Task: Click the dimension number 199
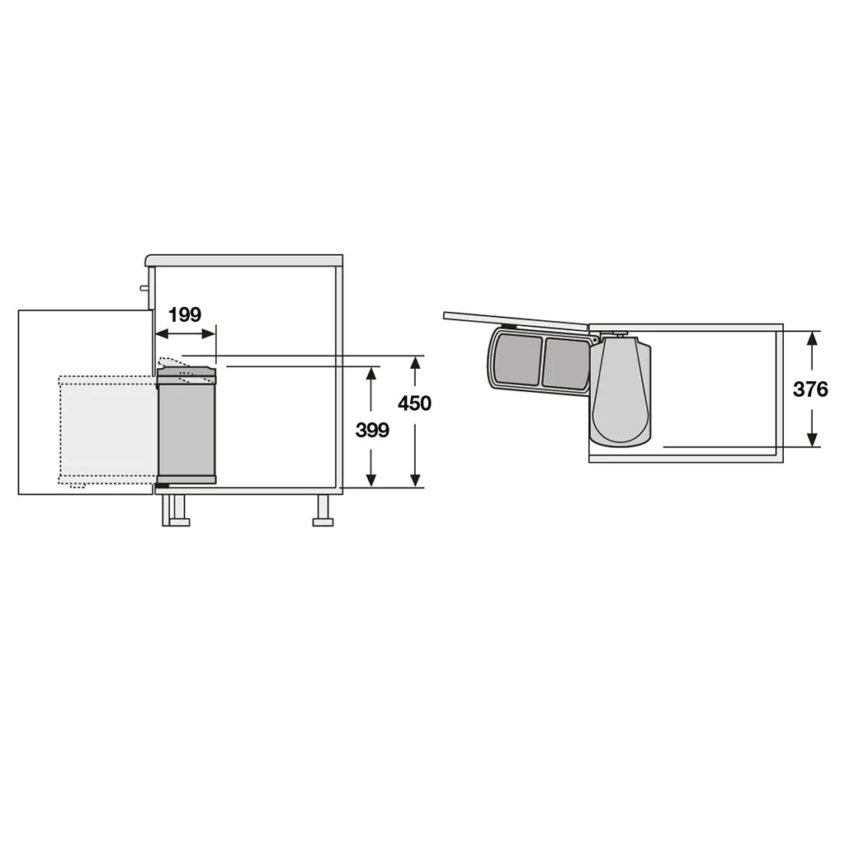(185, 314)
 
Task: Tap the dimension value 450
(414, 403)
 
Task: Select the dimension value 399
(372, 430)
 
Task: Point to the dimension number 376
(810, 389)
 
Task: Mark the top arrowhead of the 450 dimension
(415, 363)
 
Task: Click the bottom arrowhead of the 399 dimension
(371, 480)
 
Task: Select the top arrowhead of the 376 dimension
(813, 338)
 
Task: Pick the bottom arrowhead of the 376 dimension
(813, 440)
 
